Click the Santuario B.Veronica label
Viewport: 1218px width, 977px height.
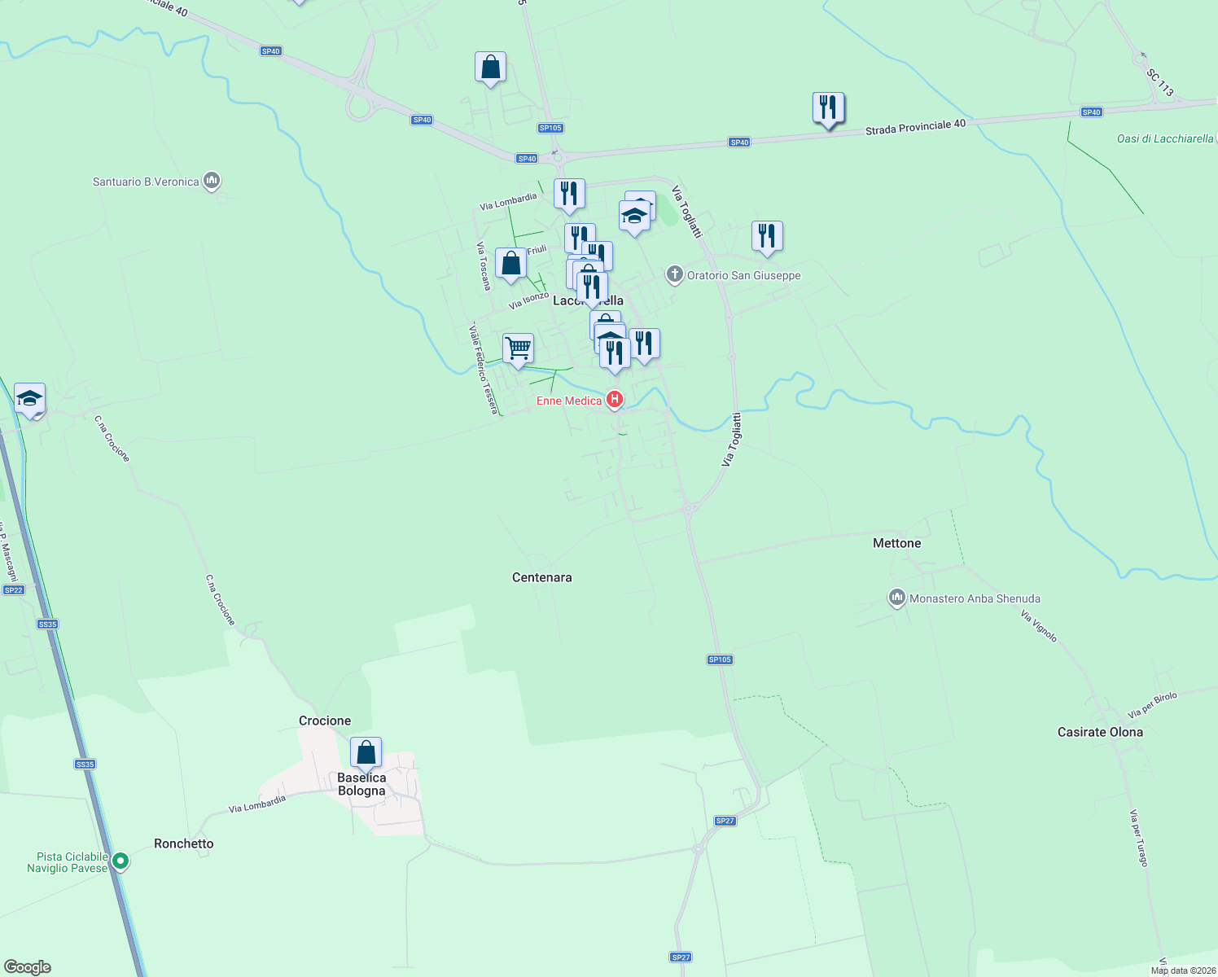point(147,182)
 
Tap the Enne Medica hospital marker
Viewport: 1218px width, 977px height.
point(615,400)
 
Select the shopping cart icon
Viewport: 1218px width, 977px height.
point(518,348)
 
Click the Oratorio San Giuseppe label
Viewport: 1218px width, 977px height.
point(743,275)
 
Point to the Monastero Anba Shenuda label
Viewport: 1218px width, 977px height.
point(975,598)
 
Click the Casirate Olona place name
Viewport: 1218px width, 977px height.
point(1100,732)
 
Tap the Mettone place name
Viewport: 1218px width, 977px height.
point(896,543)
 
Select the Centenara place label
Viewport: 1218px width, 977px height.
point(541,577)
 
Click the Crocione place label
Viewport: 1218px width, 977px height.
point(325,721)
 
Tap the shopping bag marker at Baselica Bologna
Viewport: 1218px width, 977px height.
point(366,752)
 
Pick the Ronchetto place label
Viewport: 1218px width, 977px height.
point(184,843)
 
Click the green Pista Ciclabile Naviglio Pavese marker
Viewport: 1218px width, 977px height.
point(120,860)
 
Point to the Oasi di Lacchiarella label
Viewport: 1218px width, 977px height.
point(1164,138)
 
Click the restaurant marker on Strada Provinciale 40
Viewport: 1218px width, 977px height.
point(828,107)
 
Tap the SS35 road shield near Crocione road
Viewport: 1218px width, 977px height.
point(47,624)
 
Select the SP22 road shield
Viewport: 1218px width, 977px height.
point(14,590)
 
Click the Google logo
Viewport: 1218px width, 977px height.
point(27,967)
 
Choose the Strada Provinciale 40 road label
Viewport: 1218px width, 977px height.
point(915,127)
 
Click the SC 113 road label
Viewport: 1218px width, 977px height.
point(1160,82)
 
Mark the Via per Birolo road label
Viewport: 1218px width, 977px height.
point(1152,705)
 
